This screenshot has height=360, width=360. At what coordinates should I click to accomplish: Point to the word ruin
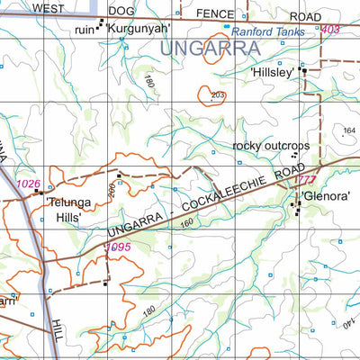coord(86,29)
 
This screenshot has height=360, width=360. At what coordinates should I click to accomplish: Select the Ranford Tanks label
coord(270,30)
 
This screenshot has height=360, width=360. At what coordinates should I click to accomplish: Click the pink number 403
coord(330,30)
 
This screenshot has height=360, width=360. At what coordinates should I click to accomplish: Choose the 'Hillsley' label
coord(273,74)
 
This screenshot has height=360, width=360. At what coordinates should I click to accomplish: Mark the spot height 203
coord(217,94)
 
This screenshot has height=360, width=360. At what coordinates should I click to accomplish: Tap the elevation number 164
coord(349,131)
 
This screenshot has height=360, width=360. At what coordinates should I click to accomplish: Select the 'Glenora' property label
coord(321,195)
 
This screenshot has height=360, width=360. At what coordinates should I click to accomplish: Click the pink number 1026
coord(29,184)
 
